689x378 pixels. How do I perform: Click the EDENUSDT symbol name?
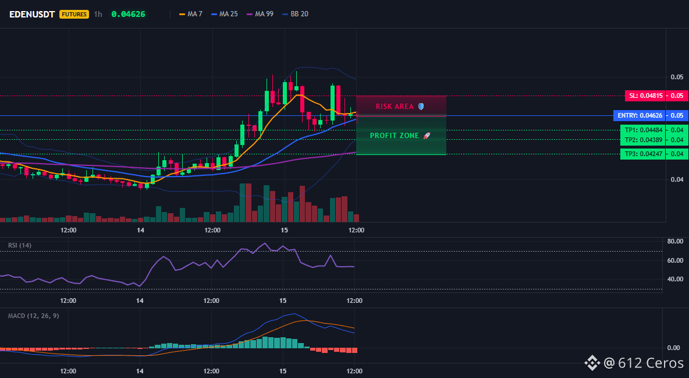32,14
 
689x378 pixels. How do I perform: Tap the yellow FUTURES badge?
74,14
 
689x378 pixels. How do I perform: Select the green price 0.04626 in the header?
128,14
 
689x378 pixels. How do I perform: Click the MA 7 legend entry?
191,14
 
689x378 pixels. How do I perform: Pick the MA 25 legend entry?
225,14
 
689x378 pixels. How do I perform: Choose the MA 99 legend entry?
260,14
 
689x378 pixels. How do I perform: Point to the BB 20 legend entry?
295,14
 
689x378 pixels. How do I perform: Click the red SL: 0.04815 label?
645,96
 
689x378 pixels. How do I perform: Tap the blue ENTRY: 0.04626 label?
639,116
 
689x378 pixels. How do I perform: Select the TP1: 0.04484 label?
642,130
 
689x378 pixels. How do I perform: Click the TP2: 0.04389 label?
642,140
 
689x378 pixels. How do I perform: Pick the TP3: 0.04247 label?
642,154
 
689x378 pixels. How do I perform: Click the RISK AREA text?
395,107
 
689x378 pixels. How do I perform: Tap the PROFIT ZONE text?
395,136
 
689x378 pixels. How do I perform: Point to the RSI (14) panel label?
20,245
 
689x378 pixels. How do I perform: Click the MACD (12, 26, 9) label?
33,316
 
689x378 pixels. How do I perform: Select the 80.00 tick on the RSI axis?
675,241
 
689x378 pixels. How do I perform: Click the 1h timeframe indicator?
98,14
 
